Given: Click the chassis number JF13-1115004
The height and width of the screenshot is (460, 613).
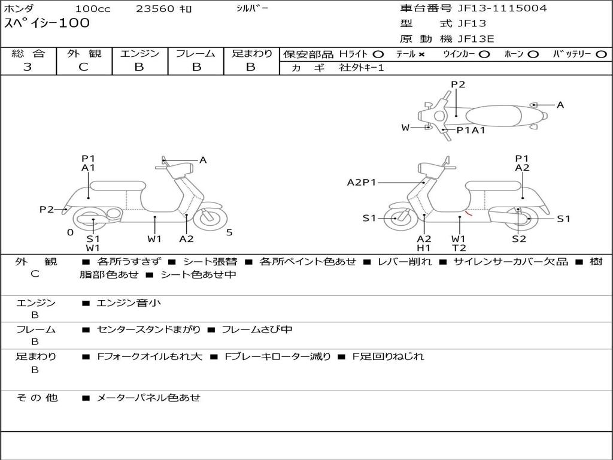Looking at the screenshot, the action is point(502,8).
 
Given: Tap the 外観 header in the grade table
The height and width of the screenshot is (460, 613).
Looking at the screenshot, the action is point(84,53).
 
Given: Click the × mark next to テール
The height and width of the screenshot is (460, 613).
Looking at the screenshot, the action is point(421,55).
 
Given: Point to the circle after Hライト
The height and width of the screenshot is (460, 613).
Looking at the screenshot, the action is point(378,55).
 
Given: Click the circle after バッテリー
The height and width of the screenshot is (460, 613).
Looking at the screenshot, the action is point(601,55).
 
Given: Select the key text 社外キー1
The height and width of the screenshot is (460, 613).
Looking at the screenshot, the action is point(362,68).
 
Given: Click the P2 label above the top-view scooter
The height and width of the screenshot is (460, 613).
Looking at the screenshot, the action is point(458,84).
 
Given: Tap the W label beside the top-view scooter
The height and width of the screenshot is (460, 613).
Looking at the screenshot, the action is point(405,128).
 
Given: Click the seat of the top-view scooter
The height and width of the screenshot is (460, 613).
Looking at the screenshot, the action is point(493,116).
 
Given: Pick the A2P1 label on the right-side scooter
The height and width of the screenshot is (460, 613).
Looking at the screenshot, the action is point(361,182).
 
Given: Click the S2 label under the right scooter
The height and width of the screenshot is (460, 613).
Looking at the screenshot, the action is point(519,238).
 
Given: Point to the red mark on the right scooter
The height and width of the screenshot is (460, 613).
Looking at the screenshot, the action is point(469,214).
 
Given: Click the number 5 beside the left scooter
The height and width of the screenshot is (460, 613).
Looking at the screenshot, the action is point(229,232).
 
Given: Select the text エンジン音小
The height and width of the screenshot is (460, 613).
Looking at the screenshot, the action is point(129,302).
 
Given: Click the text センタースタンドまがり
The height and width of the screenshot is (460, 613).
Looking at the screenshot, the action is point(148,330).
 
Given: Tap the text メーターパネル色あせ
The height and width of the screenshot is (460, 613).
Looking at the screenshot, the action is point(148,398).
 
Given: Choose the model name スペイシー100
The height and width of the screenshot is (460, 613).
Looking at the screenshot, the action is point(47,23).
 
